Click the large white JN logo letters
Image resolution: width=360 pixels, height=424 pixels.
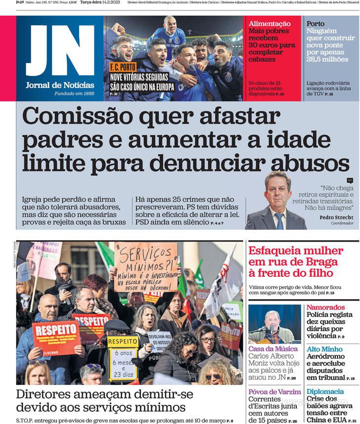point(60,51)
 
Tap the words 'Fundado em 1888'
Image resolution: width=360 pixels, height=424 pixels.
point(74,93)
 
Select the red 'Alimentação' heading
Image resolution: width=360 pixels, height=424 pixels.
point(270,24)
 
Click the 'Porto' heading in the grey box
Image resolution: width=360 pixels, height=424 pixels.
point(315,24)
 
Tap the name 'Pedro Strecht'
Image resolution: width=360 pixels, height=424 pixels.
point(336,217)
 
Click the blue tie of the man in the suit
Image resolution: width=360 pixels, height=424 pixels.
point(279,220)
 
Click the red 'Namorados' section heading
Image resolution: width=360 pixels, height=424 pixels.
point(325,307)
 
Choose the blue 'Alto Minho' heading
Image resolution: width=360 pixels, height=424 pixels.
point(324,349)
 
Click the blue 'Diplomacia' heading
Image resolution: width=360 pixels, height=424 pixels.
point(325,391)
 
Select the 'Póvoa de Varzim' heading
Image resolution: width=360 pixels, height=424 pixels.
point(275,391)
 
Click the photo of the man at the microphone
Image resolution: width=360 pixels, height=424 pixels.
point(274,324)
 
